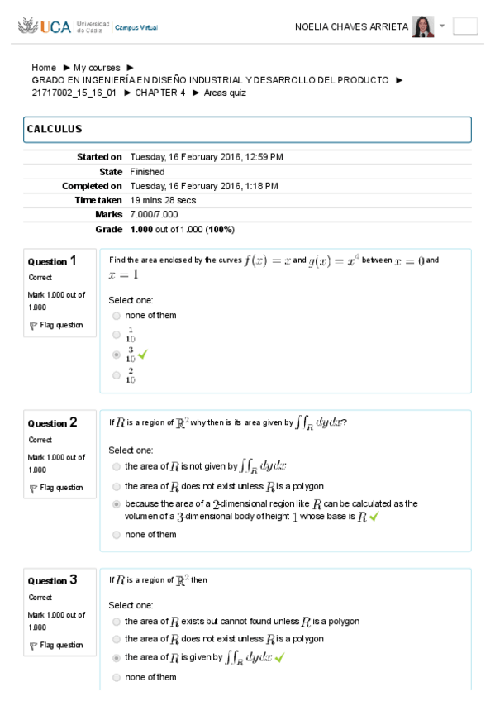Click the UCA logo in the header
click(x=49, y=27)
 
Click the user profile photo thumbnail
click(x=423, y=26)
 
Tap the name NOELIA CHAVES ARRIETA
click(x=351, y=27)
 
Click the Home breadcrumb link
click(x=44, y=68)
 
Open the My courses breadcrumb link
click(x=96, y=68)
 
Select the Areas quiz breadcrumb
click(x=225, y=93)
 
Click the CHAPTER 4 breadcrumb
click(x=160, y=93)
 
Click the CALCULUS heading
click(x=55, y=130)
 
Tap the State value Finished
click(x=147, y=172)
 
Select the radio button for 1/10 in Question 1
click(x=117, y=335)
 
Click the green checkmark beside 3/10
click(x=142, y=355)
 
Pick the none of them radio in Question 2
click(x=117, y=535)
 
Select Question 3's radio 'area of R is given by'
click(x=117, y=658)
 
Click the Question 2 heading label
click(x=53, y=423)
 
